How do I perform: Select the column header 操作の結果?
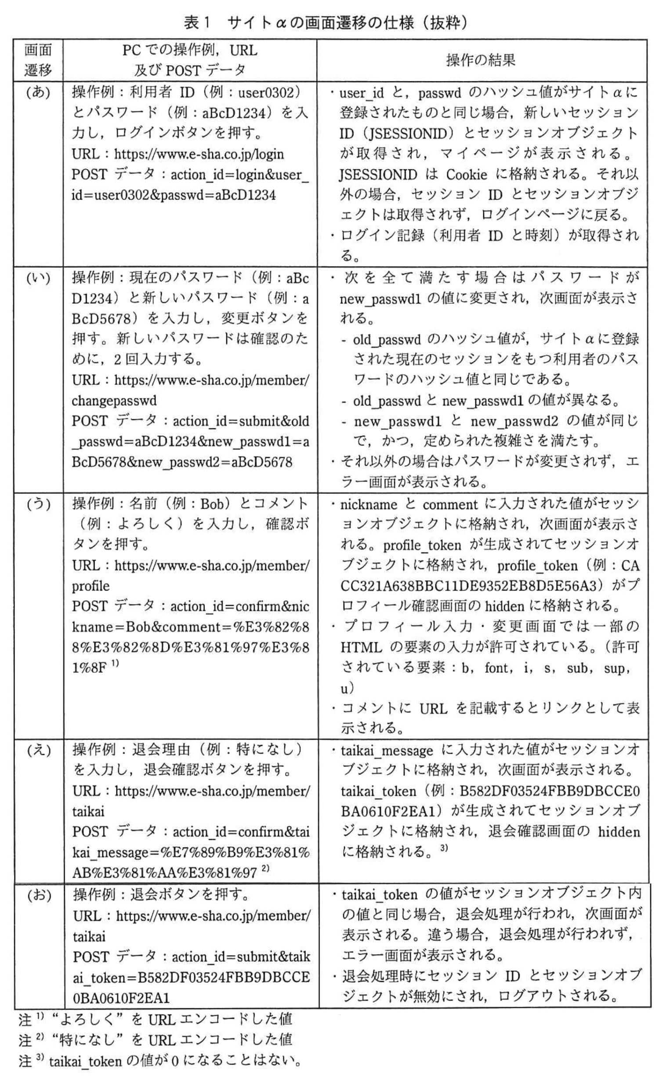point(481,60)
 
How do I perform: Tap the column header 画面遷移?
point(37,60)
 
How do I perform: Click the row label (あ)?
point(38,93)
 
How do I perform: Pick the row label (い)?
point(38,278)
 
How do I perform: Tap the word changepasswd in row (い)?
point(114,401)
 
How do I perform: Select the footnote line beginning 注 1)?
point(155,1019)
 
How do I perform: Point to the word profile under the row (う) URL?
point(91,586)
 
